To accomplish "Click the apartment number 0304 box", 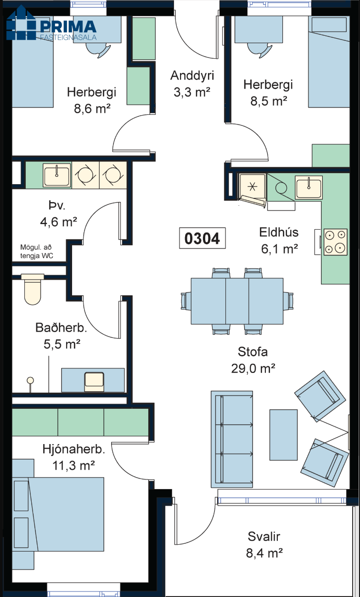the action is coord(202,238).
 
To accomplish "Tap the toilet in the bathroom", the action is coord(33,289).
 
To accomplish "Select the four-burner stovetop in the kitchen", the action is coord(336,242).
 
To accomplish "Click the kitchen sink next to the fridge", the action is coord(309,187).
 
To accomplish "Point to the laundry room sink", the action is coord(57,175).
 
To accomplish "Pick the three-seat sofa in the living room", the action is coord(232,439).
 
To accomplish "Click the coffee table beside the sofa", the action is coord(283,435).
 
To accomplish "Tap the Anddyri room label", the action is coord(192,75).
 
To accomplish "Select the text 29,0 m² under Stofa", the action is coord(253,369).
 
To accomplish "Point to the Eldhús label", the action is coord(279,232).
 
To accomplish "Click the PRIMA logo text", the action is coord(68,27).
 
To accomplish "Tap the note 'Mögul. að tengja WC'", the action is coord(37,252).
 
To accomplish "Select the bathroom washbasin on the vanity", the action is coord(94,382).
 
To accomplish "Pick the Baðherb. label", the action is coord(61,327).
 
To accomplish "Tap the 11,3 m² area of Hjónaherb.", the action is coord(73,466).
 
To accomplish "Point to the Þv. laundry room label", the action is coord(57,205).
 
